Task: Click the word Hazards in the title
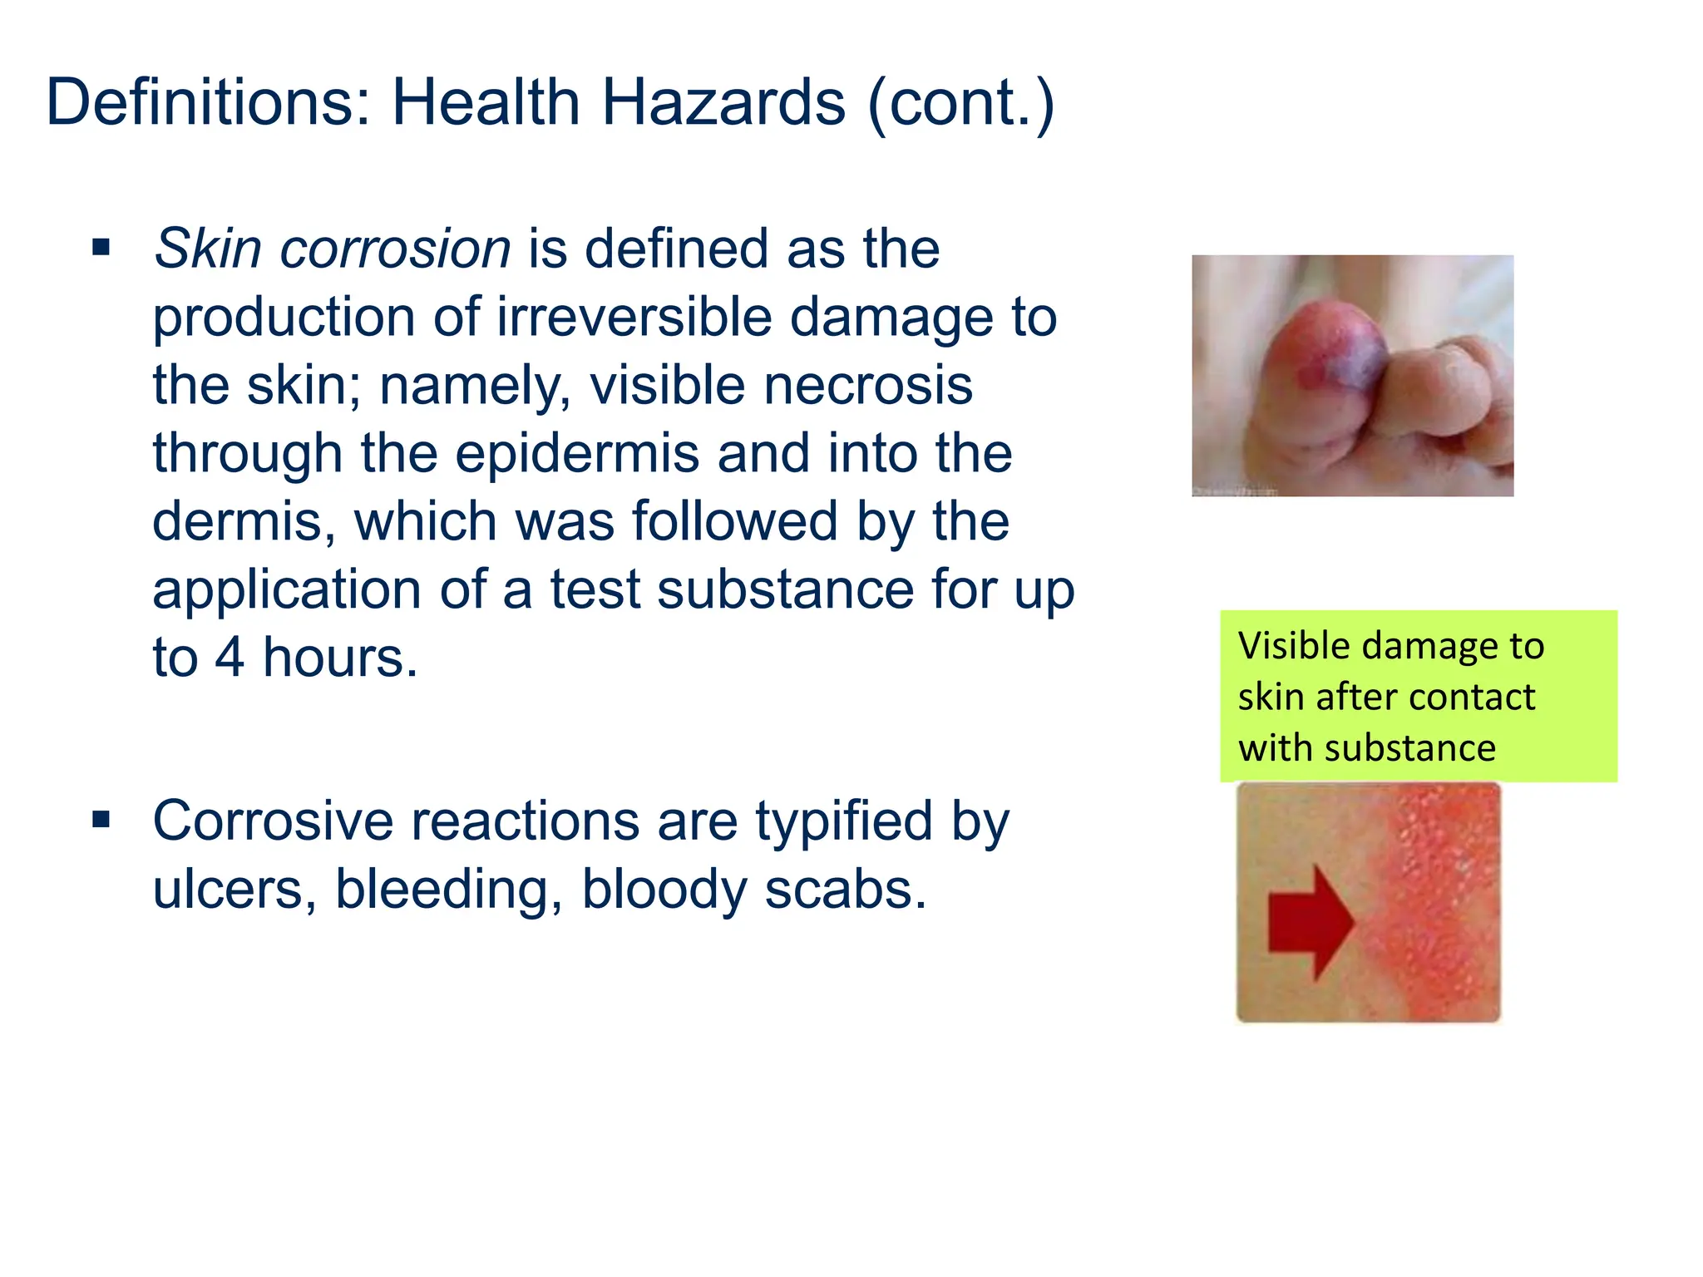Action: pyautogui.click(x=723, y=103)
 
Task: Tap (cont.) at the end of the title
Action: pyautogui.click(x=960, y=103)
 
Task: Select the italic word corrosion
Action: pyautogui.click(x=395, y=249)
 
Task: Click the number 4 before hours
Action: pyautogui.click(x=230, y=658)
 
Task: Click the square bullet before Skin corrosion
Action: pyautogui.click(x=101, y=247)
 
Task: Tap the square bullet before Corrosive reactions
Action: pyautogui.click(x=101, y=820)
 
